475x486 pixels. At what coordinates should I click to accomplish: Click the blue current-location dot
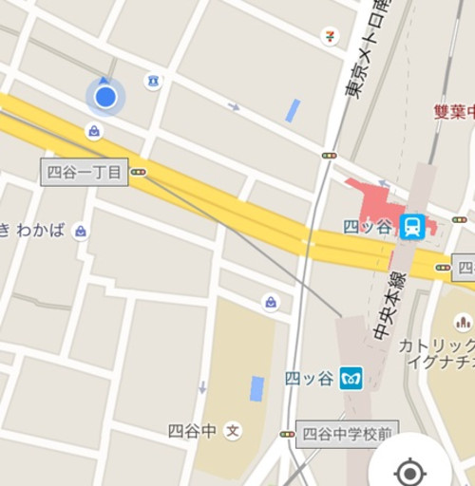tap(105, 96)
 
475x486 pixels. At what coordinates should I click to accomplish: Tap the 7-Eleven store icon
tap(330, 36)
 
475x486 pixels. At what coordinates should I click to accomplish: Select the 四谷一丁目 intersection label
tap(84, 172)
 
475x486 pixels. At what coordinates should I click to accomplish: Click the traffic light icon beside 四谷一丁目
tap(139, 172)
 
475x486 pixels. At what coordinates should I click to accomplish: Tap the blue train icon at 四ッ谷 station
tap(412, 226)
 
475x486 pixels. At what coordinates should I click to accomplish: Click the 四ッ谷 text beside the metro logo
tap(310, 378)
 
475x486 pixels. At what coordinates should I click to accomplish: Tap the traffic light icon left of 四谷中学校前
tap(287, 434)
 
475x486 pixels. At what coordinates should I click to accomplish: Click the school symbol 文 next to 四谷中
tap(233, 431)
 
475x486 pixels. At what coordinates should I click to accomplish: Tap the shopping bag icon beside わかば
tap(81, 231)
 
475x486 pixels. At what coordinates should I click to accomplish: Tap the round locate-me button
tap(409, 470)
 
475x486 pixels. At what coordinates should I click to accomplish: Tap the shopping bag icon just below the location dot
tap(94, 131)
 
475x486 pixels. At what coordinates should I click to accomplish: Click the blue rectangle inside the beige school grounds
tap(256, 388)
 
